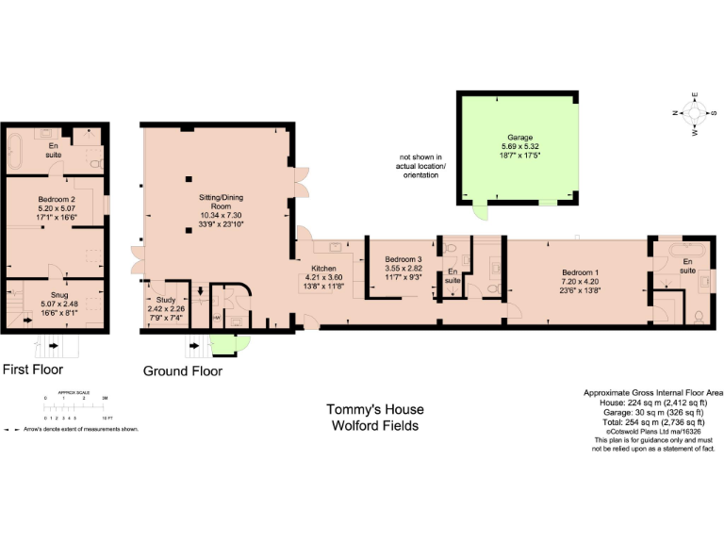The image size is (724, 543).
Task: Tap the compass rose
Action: coord(695,114)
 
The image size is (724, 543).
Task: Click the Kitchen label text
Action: coord(323,269)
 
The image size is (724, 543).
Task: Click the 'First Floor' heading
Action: coord(33,370)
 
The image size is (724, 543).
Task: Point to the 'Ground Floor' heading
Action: coord(183,371)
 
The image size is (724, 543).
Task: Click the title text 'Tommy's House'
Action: coord(374,409)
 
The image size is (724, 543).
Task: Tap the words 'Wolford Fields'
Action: coord(374,425)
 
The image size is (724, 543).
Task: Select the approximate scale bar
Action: coord(79,405)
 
